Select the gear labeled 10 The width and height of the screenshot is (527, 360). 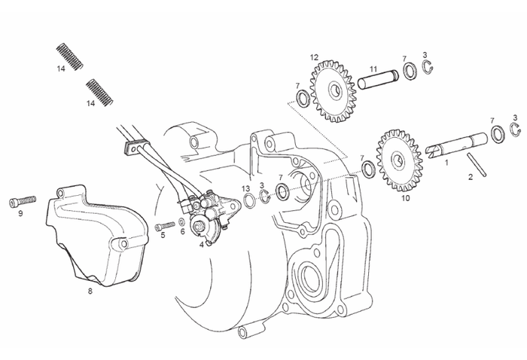[x=398, y=160]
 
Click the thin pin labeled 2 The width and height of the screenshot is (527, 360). [x=476, y=165]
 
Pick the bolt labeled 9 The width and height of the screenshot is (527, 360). [x=23, y=201]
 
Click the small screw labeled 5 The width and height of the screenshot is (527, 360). [x=164, y=226]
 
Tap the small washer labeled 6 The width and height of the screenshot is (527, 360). [x=182, y=224]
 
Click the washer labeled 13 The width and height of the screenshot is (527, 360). [x=247, y=202]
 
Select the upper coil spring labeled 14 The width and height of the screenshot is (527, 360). [x=69, y=56]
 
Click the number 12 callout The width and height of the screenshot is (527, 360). [x=314, y=57]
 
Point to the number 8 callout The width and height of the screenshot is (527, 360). [x=90, y=290]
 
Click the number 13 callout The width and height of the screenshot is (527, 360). [x=246, y=188]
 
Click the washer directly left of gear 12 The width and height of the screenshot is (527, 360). [x=301, y=97]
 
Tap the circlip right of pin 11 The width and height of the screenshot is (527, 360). [x=427, y=70]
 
